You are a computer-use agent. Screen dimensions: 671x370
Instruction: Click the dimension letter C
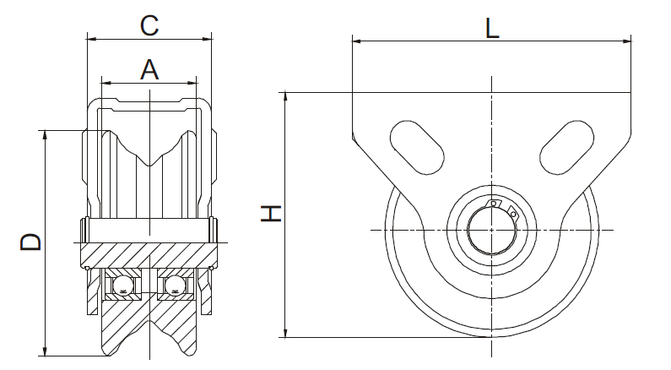149,25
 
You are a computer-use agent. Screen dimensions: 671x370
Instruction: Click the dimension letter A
149,70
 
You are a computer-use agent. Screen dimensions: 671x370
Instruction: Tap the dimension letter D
31,242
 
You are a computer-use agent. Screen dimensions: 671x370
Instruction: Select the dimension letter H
271,213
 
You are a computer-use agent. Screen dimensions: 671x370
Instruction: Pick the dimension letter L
492,29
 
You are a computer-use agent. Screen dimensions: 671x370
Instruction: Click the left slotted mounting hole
417,147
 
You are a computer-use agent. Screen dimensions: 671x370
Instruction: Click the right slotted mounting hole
566,147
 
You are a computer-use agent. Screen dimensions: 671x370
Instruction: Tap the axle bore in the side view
491,231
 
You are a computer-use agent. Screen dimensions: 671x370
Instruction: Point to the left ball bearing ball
124,285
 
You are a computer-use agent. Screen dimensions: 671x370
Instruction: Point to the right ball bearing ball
175,285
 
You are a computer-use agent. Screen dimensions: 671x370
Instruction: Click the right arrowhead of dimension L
626,41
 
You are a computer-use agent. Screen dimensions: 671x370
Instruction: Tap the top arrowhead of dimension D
45,135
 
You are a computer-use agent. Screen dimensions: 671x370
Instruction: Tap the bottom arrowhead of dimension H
286,333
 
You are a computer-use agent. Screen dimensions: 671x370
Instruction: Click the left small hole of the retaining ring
494,204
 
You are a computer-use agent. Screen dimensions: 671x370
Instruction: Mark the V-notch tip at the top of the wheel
149,166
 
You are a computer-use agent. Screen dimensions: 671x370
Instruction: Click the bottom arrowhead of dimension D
45,351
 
